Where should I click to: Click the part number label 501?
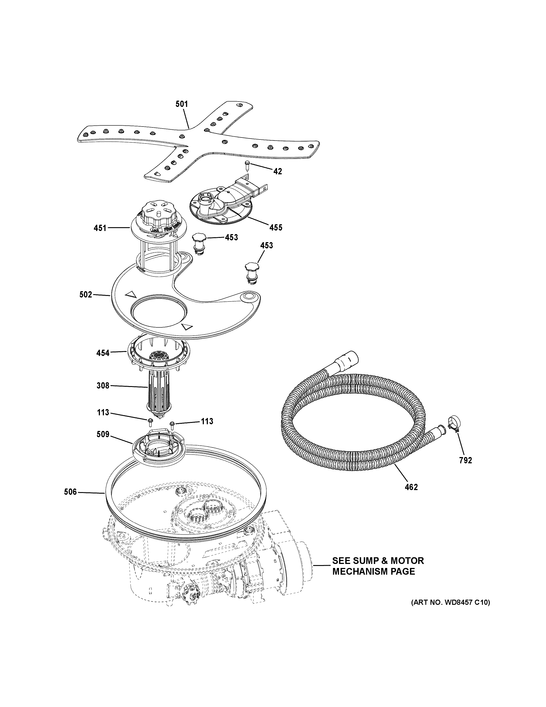[x=182, y=104]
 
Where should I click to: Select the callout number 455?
[x=276, y=228]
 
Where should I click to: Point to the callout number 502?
[x=86, y=295]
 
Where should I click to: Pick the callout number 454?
[x=103, y=353]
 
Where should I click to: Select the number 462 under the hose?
[x=411, y=496]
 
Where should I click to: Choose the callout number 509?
[x=103, y=434]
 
